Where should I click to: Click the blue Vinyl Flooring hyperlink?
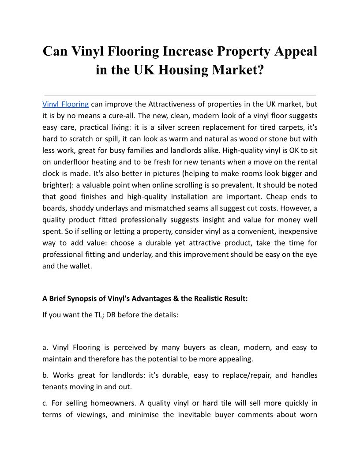pos(65,105)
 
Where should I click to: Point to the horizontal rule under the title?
pos(180,95)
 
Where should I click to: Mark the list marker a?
pos(45,347)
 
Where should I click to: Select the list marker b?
pos(45,376)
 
